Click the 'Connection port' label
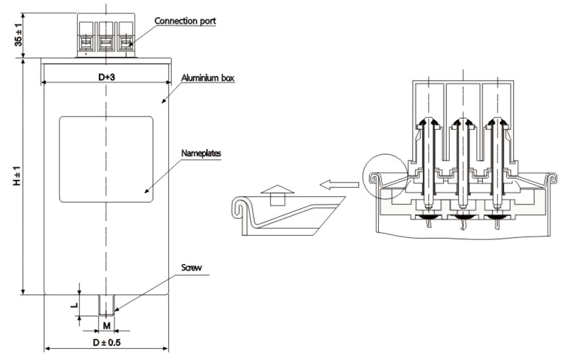[x=185, y=21]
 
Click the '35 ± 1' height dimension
[x=18, y=36]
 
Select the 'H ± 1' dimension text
[x=18, y=176]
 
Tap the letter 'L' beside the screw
[x=72, y=305]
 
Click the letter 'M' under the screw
[x=107, y=326]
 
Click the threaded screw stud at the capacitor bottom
[x=107, y=305]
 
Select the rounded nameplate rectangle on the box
[x=106, y=159]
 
